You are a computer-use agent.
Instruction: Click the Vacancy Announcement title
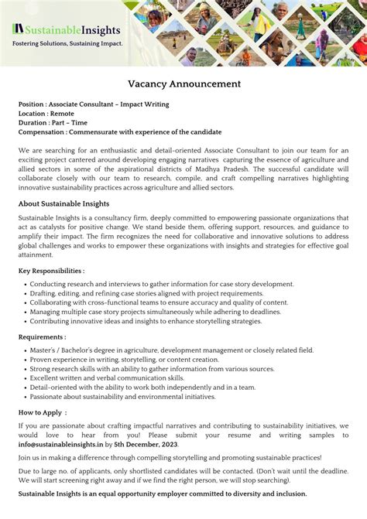tap(183, 84)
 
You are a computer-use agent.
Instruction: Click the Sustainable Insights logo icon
tap(16, 30)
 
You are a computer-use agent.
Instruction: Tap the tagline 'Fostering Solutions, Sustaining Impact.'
tap(67, 44)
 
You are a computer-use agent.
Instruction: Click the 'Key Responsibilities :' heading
tap(51, 271)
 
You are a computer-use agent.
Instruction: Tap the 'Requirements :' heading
tap(42, 337)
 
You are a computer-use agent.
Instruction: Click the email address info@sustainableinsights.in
tap(60, 445)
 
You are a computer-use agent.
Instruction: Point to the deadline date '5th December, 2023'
tap(146, 445)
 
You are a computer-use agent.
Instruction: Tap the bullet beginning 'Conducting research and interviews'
tap(161, 284)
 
